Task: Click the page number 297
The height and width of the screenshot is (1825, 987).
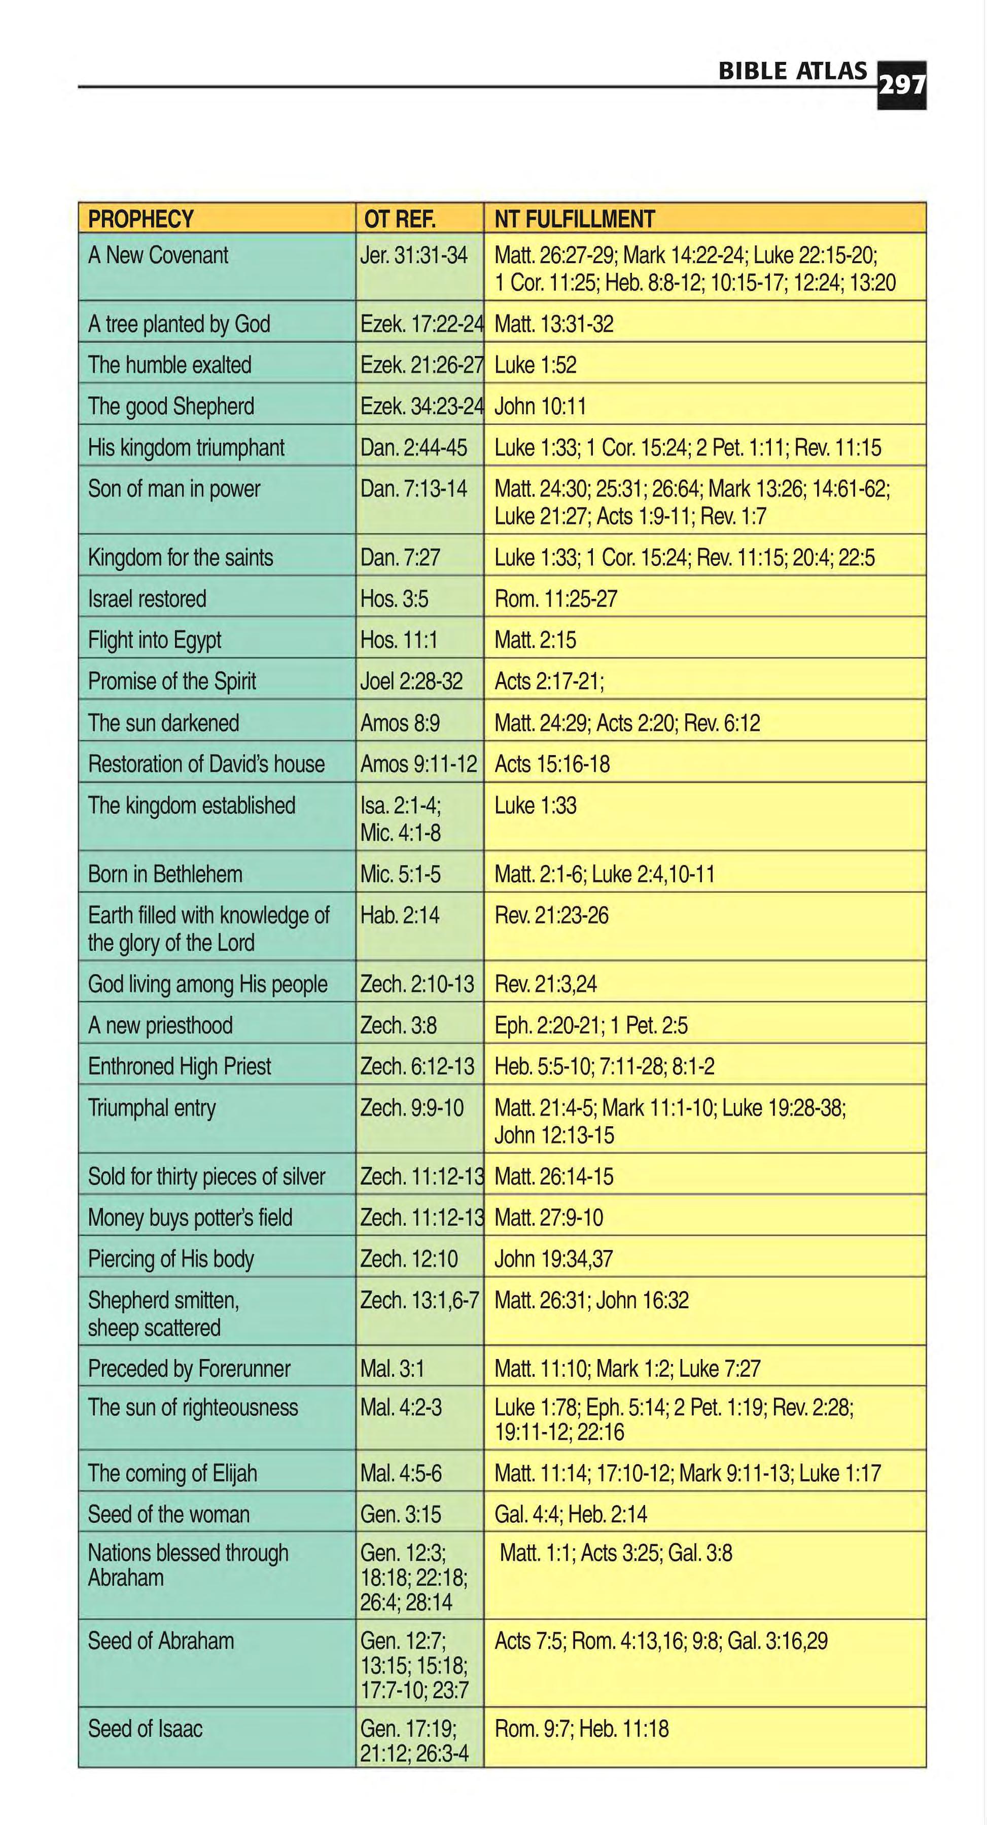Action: [901, 86]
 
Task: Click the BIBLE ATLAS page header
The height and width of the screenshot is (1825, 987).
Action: [792, 71]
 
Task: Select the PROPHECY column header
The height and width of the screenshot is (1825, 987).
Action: [141, 219]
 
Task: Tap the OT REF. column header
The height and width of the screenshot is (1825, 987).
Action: [400, 219]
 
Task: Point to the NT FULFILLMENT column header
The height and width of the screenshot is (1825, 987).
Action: [575, 219]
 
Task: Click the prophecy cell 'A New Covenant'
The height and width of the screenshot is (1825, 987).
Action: [158, 255]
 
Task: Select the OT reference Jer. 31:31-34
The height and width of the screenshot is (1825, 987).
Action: [414, 255]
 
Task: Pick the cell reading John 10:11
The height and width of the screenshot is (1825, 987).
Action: [540, 406]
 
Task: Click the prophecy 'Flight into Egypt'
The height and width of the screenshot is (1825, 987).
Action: [155, 640]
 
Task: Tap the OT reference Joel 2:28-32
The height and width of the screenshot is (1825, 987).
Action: [411, 681]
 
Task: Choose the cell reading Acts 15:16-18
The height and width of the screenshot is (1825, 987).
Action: [552, 764]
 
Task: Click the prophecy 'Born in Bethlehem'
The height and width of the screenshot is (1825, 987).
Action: [165, 874]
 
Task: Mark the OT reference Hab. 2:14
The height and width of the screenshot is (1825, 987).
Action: [400, 915]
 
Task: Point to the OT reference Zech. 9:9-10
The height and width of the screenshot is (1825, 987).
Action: [412, 1107]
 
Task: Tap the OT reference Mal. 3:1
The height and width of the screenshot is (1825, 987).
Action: [392, 1368]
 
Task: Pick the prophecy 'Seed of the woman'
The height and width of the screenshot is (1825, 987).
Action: [168, 1514]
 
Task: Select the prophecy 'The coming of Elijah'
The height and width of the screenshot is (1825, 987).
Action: [172, 1473]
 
